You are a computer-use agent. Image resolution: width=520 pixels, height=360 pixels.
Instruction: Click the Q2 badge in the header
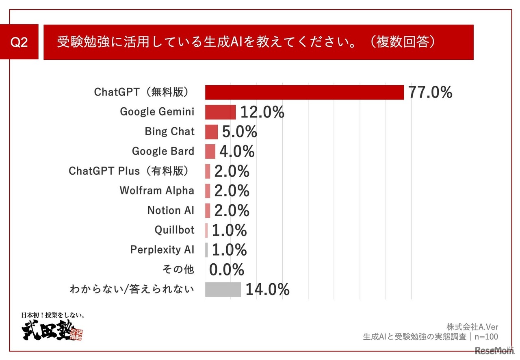click(19, 42)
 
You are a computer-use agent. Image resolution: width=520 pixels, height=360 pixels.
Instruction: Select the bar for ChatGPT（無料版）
click(304, 92)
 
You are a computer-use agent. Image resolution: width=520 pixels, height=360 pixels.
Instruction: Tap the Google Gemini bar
click(220, 112)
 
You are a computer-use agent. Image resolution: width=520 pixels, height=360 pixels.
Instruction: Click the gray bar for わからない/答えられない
click(223, 289)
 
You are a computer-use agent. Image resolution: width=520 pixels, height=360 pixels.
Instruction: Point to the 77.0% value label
click(430, 93)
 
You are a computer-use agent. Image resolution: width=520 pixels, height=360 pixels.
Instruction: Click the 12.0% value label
click(262, 112)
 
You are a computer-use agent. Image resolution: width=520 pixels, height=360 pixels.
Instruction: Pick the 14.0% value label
click(267, 290)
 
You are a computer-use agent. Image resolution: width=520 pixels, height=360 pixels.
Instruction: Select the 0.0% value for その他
click(227, 270)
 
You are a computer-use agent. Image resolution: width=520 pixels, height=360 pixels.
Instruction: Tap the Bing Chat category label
click(169, 132)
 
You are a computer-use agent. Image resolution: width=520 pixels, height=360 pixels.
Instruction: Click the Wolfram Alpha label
click(157, 191)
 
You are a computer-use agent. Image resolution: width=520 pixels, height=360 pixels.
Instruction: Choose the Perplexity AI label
click(162, 249)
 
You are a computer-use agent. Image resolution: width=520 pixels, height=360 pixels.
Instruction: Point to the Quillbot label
click(174, 230)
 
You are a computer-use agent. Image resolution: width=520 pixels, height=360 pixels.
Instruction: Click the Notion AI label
click(171, 210)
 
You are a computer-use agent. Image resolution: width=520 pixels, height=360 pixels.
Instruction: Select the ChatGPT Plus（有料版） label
click(130, 171)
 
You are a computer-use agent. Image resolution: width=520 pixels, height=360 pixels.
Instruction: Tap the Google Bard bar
click(210, 152)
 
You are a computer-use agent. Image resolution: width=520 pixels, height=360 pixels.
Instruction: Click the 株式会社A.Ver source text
click(472, 327)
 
